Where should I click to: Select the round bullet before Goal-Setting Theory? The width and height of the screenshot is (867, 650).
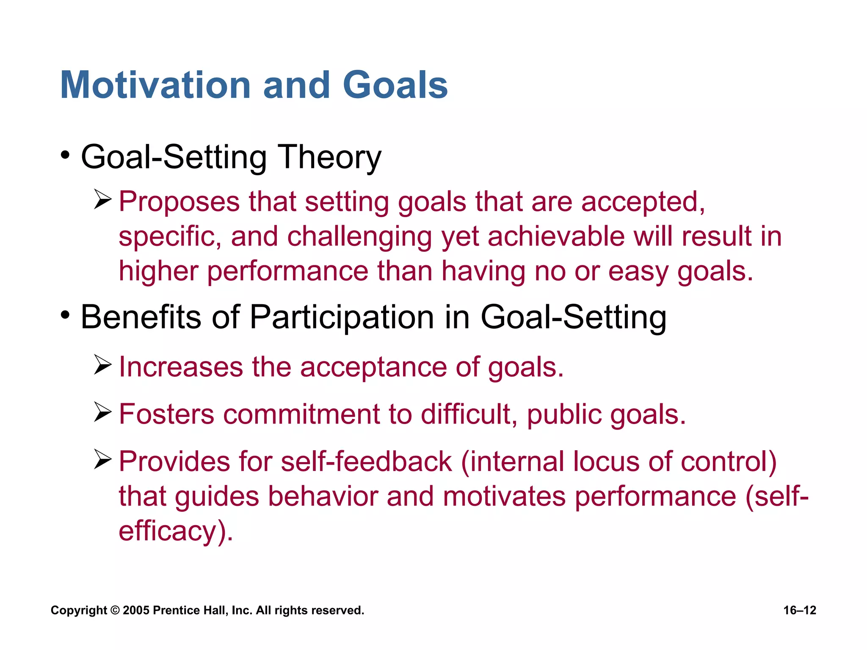(65, 155)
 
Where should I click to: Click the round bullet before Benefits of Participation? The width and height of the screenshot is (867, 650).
(65, 315)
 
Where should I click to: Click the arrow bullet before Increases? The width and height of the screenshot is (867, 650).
(102, 365)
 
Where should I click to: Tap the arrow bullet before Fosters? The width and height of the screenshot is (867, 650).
(102, 412)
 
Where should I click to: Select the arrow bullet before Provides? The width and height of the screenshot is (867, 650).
(102, 460)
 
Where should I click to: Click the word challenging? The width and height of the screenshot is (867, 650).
(359, 237)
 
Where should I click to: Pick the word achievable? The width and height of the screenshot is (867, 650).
(555, 236)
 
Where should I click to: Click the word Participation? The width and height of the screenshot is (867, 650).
(342, 317)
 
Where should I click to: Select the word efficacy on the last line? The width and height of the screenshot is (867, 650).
(168, 532)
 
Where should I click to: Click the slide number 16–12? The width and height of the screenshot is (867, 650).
(799, 610)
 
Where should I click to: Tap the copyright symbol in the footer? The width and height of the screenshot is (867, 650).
(115, 610)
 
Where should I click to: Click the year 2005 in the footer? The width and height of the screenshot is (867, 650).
(136, 610)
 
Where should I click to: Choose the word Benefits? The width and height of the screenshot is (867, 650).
(141, 317)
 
